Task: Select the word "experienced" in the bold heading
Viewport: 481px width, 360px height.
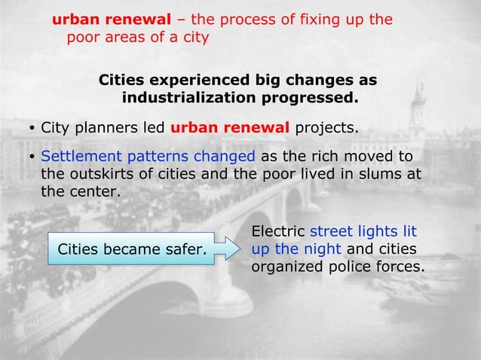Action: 195,81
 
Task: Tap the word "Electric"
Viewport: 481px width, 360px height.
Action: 278,232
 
